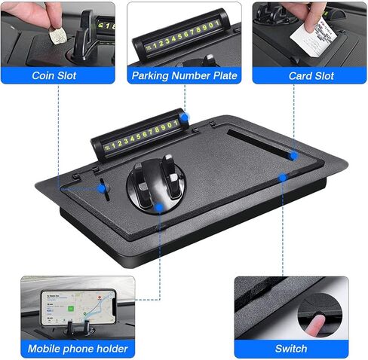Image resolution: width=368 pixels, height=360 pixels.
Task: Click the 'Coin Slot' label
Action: click(54, 75)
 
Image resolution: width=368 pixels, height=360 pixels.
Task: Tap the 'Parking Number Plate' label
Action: click(184, 75)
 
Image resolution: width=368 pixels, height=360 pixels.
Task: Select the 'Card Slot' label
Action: click(311, 76)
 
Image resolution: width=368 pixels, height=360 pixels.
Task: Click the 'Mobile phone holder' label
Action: click(78, 349)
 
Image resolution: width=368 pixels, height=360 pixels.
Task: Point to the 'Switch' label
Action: click(291, 349)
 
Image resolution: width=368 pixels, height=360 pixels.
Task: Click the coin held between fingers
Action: click(57, 35)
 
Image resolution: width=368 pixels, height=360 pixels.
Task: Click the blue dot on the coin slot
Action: click(102, 188)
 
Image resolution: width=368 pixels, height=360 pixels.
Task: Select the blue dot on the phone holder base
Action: click(159, 207)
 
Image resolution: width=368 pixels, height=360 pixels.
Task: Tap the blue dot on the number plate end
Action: click(185, 117)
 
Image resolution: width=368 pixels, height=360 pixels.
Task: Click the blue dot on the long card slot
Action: click(293, 156)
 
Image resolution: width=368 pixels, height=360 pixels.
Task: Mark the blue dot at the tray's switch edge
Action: click(283, 178)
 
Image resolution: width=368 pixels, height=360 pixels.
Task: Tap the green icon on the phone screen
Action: click(71, 308)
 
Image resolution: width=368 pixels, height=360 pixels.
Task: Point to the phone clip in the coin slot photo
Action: click(83, 38)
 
